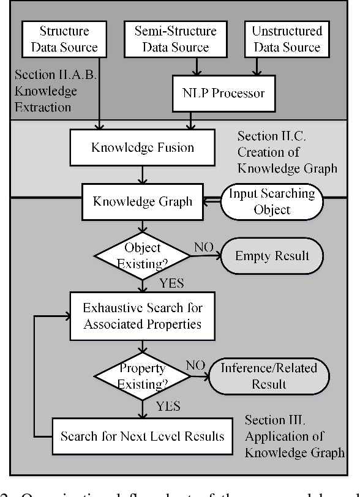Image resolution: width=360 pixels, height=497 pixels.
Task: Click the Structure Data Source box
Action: click(x=64, y=39)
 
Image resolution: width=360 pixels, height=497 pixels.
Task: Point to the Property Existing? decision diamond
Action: click(x=142, y=375)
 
